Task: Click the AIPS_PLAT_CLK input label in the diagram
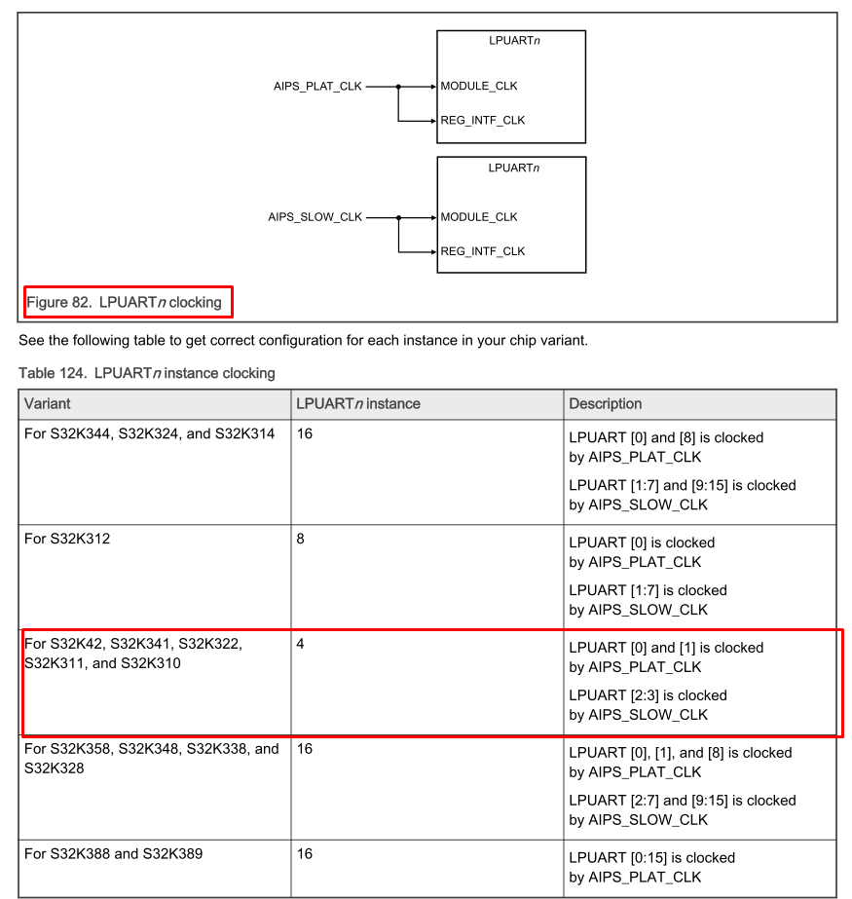(317, 86)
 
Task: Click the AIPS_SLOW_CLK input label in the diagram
(315, 217)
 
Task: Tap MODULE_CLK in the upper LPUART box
(479, 86)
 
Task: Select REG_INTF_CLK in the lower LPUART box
(483, 251)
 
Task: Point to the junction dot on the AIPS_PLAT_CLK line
(398, 86)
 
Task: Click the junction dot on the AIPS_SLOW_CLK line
(398, 217)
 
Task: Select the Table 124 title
(147, 373)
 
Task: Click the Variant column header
(48, 403)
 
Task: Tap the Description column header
(606, 403)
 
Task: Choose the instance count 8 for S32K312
(301, 538)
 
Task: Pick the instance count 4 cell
(301, 644)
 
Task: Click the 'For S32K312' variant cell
(67, 538)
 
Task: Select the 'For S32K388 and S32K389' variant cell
(114, 853)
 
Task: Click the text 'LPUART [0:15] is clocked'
(652, 857)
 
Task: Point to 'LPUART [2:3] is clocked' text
(648, 695)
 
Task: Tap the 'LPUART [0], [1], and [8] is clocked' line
(681, 752)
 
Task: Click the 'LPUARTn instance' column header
(358, 403)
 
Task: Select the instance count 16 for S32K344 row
(305, 433)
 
